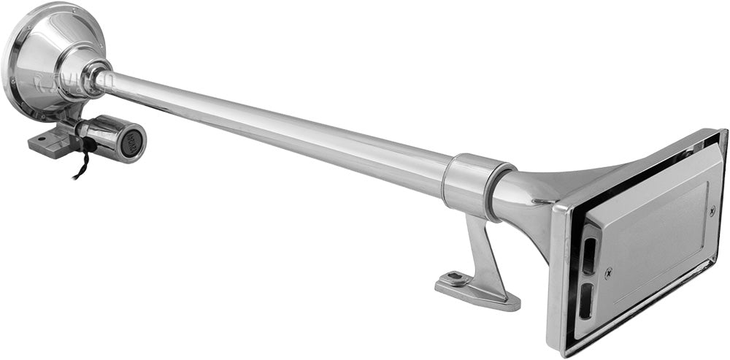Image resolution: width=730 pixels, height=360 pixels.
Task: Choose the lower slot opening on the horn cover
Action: pyautogui.click(x=585, y=302)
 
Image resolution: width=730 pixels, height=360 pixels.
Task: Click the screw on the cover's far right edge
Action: pyautogui.click(x=712, y=211)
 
